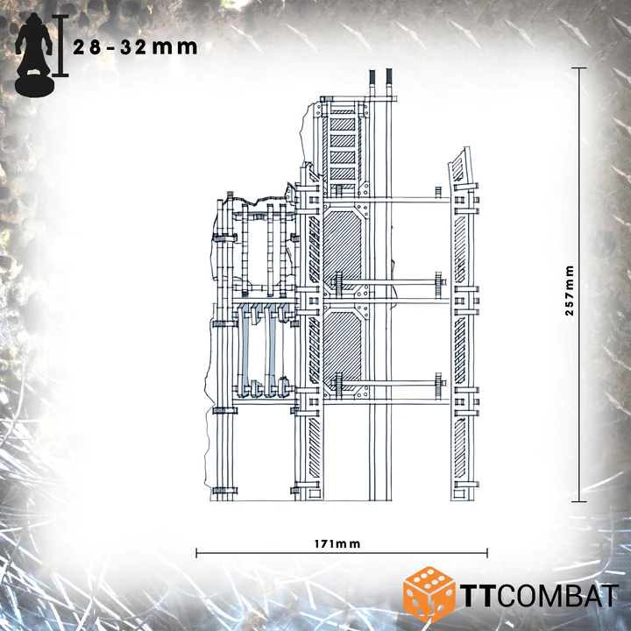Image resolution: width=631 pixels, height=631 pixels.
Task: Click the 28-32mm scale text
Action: click(x=135, y=47)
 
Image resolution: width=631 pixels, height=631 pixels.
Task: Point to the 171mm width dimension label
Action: click(x=337, y=544)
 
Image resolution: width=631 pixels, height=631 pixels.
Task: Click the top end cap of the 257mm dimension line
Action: click(x=579, y=68)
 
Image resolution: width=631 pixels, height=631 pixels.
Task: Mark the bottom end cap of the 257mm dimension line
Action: click(x=579, y=501)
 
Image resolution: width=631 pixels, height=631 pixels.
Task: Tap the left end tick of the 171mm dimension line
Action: click(x=196, y=553)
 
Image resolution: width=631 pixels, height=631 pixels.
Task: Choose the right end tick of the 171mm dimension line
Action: click(x=487, y=553)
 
